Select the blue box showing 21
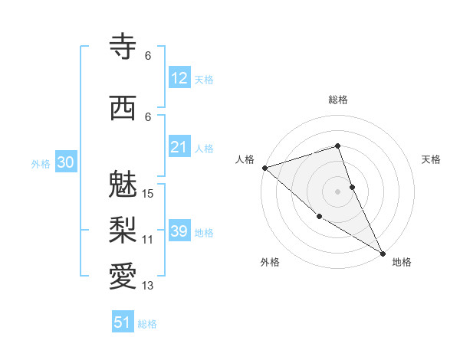pos(179,147)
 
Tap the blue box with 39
pos(179,231)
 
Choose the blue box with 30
pos(65,163)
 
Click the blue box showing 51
pos(123,322)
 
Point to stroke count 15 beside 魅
pos(149,193)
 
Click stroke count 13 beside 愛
pos(148,286)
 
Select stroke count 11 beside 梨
pos(148,239)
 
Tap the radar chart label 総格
pos(338,100)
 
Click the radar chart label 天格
pos(432,159)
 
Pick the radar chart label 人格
pos(245,159)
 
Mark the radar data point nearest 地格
pos(383,252)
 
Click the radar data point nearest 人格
pos(264,167)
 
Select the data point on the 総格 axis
pos(338,146)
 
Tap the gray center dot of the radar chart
pos(338,191)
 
